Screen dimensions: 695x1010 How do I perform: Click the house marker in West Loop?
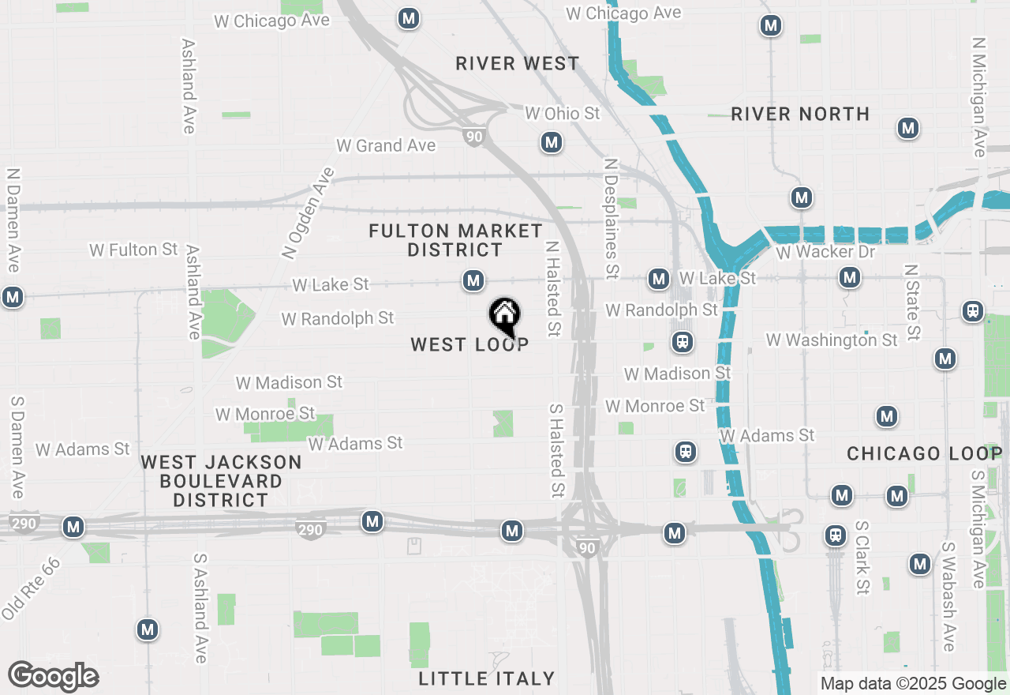click(505, 316)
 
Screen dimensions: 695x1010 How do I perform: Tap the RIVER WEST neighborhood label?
click(518, 63)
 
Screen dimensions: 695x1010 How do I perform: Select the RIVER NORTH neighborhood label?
click(800, 114)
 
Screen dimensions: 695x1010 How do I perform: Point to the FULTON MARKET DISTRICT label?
click(455, 240)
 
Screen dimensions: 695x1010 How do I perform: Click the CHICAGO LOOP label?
click(924, 453)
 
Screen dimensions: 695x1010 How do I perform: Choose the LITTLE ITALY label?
click(487, 678)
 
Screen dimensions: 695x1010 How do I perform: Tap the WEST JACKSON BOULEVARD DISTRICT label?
click(221, 481)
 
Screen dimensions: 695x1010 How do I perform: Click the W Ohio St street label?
click(563, 114)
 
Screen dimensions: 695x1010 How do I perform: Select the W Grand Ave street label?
click(386, 145)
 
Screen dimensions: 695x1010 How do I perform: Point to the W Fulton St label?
click(133, 250)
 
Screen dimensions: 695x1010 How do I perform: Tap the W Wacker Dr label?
click(825, 252)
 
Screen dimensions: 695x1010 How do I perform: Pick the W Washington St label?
click(832, 340)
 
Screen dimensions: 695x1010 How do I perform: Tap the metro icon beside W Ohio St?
click(551, 143)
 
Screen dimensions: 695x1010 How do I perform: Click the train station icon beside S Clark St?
click(835, 535)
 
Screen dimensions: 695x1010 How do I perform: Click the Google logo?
click(53, 676)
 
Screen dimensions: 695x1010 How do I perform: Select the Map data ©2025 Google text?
click(913, 684)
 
